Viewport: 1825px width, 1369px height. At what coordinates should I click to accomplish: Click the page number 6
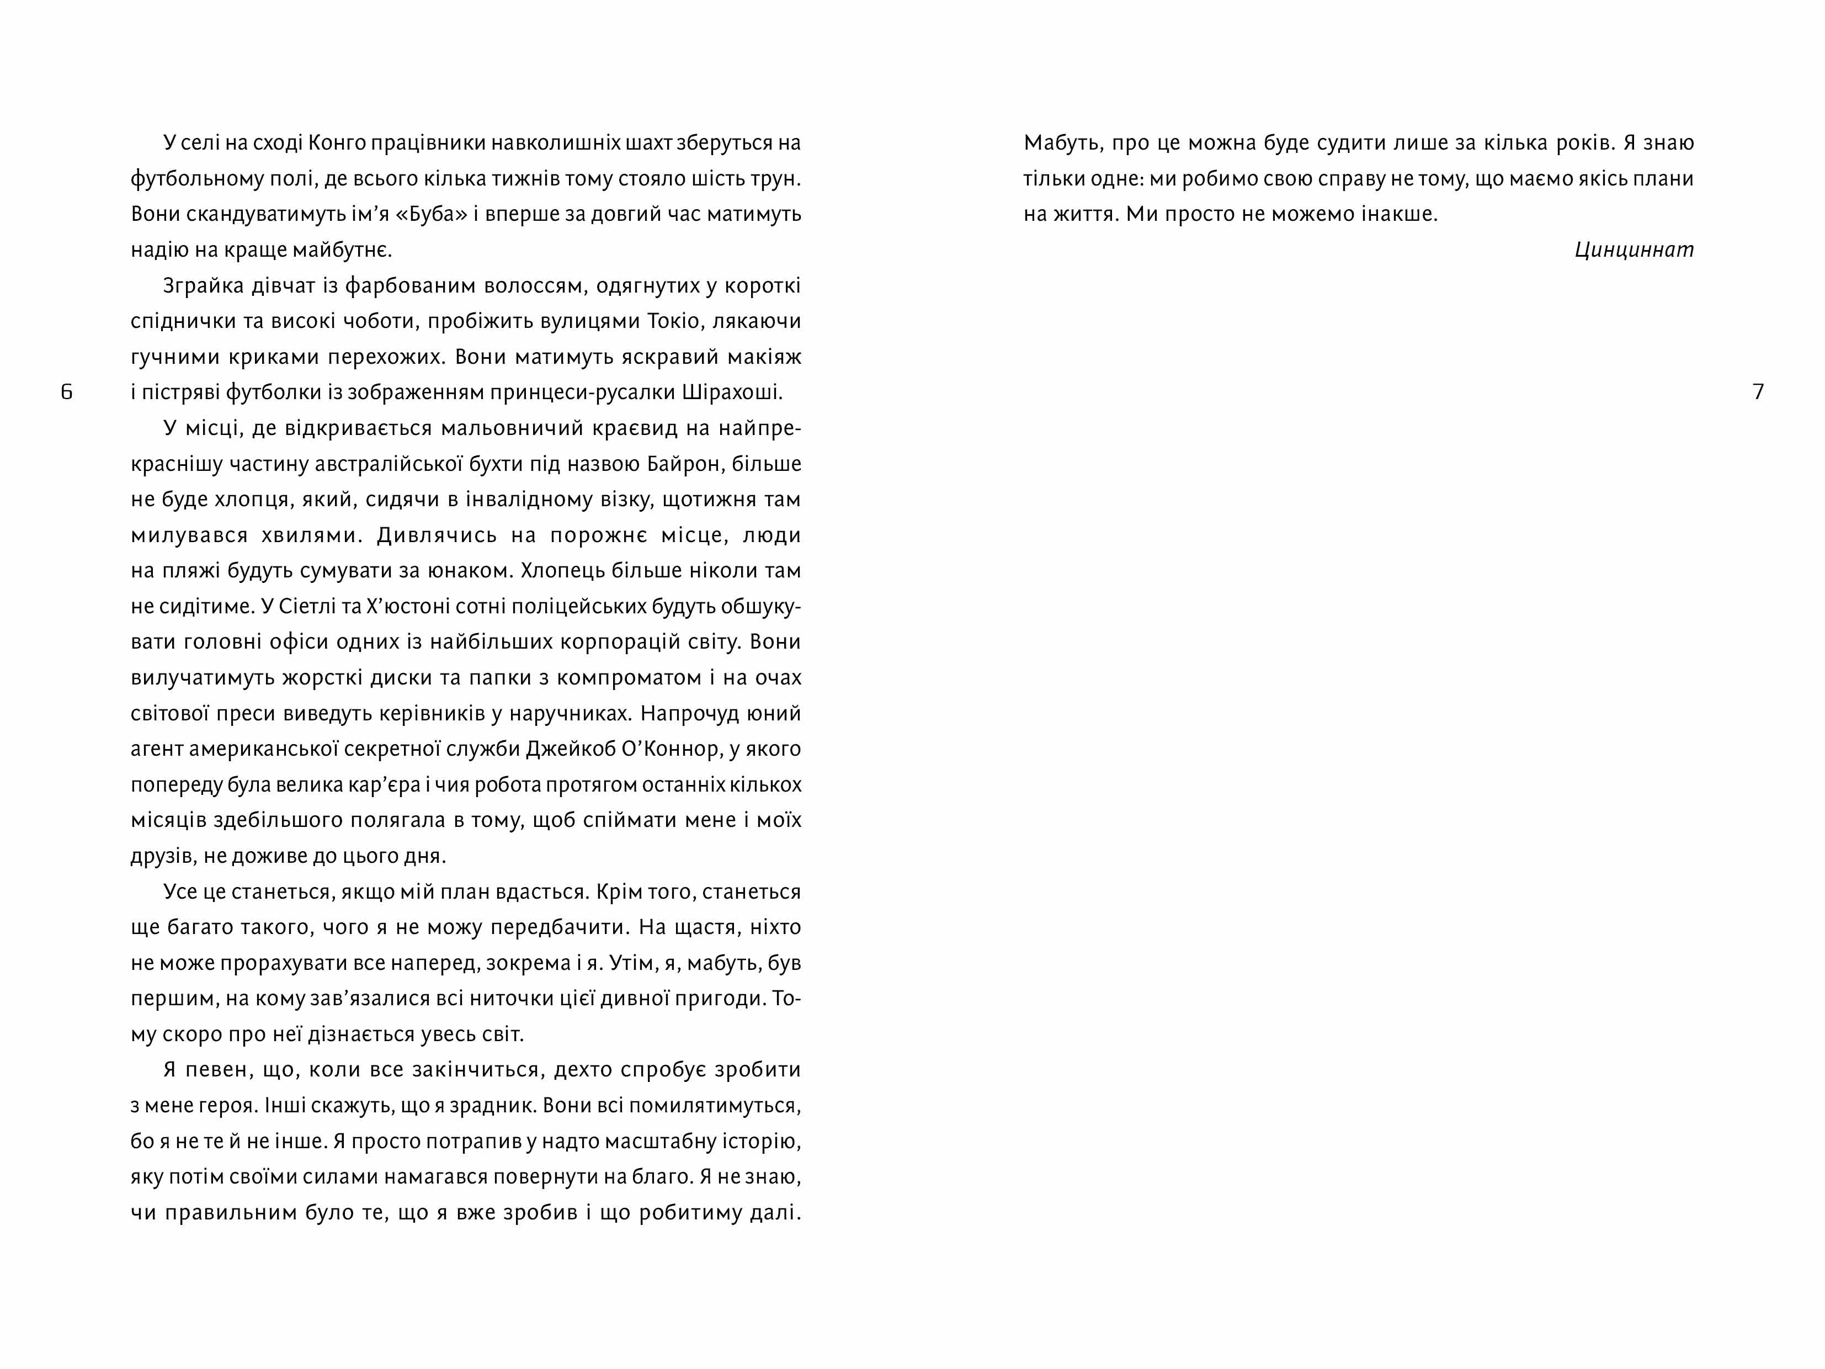[67, 392]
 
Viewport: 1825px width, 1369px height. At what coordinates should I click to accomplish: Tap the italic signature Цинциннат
[1634, 250]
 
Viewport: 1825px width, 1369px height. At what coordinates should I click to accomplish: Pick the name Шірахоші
[733, 393]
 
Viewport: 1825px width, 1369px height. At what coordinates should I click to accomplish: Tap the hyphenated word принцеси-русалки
[582, 393]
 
